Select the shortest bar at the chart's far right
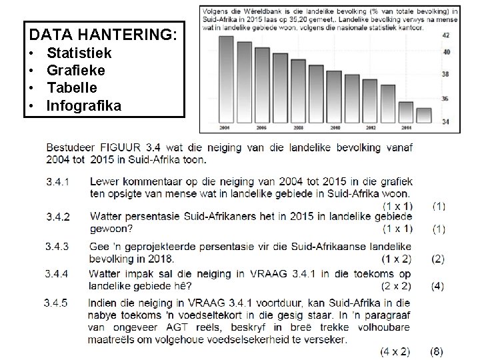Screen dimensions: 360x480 pos(423,116)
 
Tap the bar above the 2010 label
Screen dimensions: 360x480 pos(335,94)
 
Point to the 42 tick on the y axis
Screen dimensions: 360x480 pos(446,35)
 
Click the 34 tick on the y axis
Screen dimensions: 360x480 pos(446,121)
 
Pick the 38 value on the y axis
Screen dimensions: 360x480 pos(446,75)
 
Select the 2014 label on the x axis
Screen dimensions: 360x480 pos(407,128)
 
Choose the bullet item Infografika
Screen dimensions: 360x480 pos(83,104)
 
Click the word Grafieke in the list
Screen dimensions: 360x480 pos(76,69)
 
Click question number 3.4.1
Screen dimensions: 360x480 pos(59,181)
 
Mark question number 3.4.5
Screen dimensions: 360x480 pos(56,303)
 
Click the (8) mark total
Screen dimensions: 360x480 pos(437,351)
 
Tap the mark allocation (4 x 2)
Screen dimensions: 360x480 pos(395,351)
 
